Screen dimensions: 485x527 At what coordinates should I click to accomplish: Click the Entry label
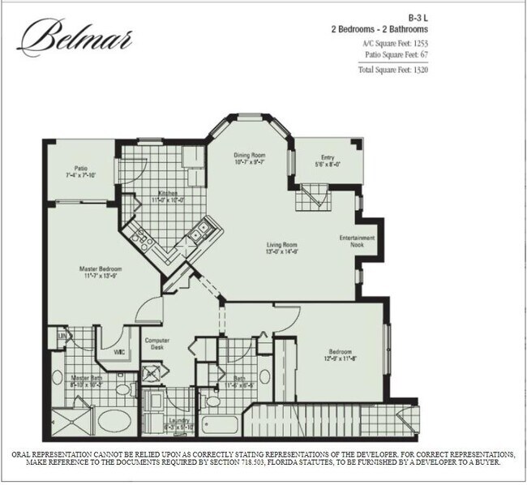328,158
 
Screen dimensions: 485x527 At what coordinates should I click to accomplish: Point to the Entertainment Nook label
357,241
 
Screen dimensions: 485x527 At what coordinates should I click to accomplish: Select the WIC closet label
118,352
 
